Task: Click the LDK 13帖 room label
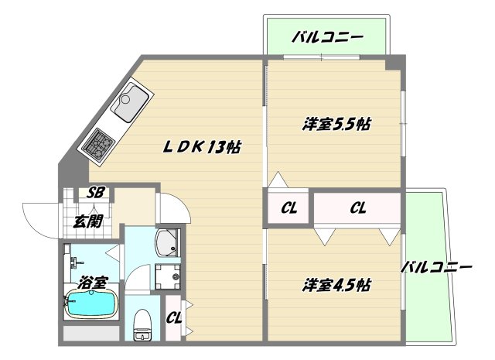point(202,147)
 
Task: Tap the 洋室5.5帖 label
point(336,124)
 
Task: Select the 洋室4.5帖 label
point(336,285)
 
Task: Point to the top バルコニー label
point(327,38)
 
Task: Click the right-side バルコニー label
point(436,267)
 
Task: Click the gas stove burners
point(99,144)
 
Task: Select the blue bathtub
point(91,303)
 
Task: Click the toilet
point(142,324)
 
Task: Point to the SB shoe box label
point(96,192)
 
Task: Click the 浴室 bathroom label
point(93,283)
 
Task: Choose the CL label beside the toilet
point(174,317)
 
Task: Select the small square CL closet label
point(288,208)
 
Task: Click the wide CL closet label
point(358,207)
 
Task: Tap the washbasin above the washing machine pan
point(168,242)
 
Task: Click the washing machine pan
point(168,277)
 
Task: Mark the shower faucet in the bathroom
point(76,262)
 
